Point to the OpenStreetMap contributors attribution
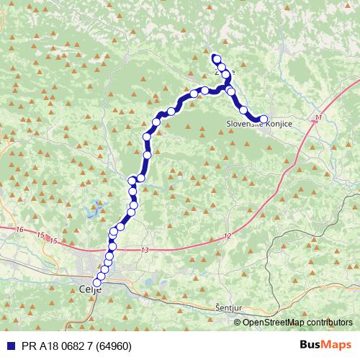pos(294,322)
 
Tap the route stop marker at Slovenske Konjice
pos(264,120)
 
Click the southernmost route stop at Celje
pos(97,282)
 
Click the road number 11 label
pos(318,117)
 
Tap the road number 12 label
pos(228,235)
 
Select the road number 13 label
pos(145,249)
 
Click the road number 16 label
pos(19,229)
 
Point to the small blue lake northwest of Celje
pos(91,212)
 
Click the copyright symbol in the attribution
pos(238,322)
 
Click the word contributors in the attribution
pos(328,322)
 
